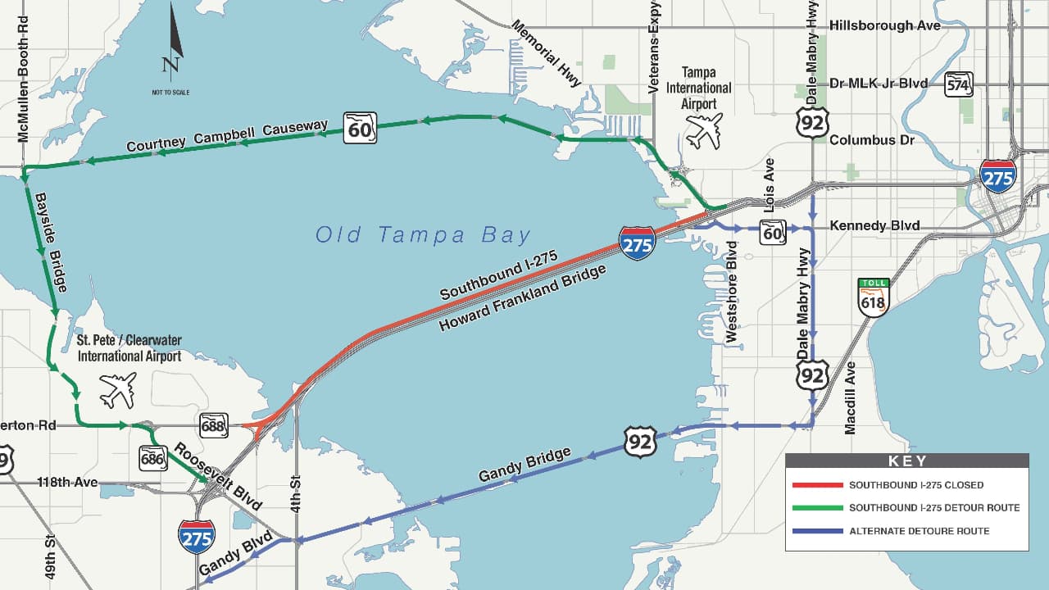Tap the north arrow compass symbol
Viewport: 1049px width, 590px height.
tap(172, 41)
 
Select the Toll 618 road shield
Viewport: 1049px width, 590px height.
tap(873, 297)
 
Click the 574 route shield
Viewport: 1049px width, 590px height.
tap(958, 84)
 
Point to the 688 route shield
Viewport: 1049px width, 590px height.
tap(213, 425)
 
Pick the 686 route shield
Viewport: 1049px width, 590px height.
tap(152, 458)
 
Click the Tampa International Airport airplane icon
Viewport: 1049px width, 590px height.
tap(704, 130)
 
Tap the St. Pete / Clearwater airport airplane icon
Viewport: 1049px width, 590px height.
tap(117, 390)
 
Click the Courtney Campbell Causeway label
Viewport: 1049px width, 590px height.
tap(227, 136)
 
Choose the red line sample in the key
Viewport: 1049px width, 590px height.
tap(817, 485)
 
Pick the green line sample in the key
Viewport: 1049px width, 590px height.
tap(817, 508)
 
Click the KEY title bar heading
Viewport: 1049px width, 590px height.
tap(906, 461)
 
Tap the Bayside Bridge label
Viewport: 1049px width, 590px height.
tap(50, 243)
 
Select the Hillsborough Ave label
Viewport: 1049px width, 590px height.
tap(884, 25)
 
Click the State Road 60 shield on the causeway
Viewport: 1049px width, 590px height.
tap(360, 127)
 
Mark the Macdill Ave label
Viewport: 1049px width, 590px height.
tap(850, 397)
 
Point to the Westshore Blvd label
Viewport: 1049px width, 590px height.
tap(732, 291)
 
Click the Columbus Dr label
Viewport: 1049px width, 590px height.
tap(874, 140)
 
